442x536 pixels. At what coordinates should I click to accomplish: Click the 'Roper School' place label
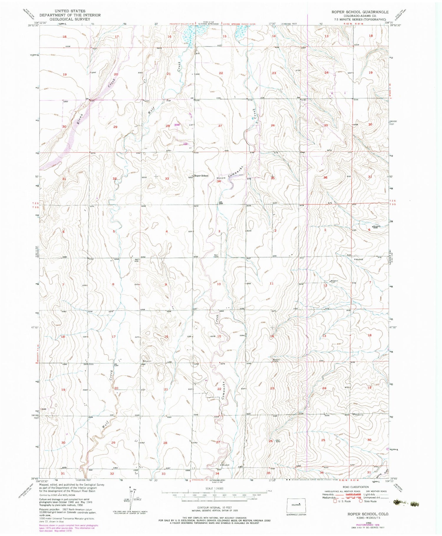[x=201, y=176]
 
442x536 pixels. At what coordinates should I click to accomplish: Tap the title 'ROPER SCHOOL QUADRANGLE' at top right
[x=356, y=12]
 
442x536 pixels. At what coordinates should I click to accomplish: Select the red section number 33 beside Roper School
[x=167, y=179]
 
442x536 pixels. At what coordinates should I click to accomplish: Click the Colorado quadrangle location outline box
[x=296, y=505]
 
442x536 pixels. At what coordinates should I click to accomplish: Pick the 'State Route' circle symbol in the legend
[x=360, y=501]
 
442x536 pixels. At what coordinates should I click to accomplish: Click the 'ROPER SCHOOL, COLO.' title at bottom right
[x=368, y=514]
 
